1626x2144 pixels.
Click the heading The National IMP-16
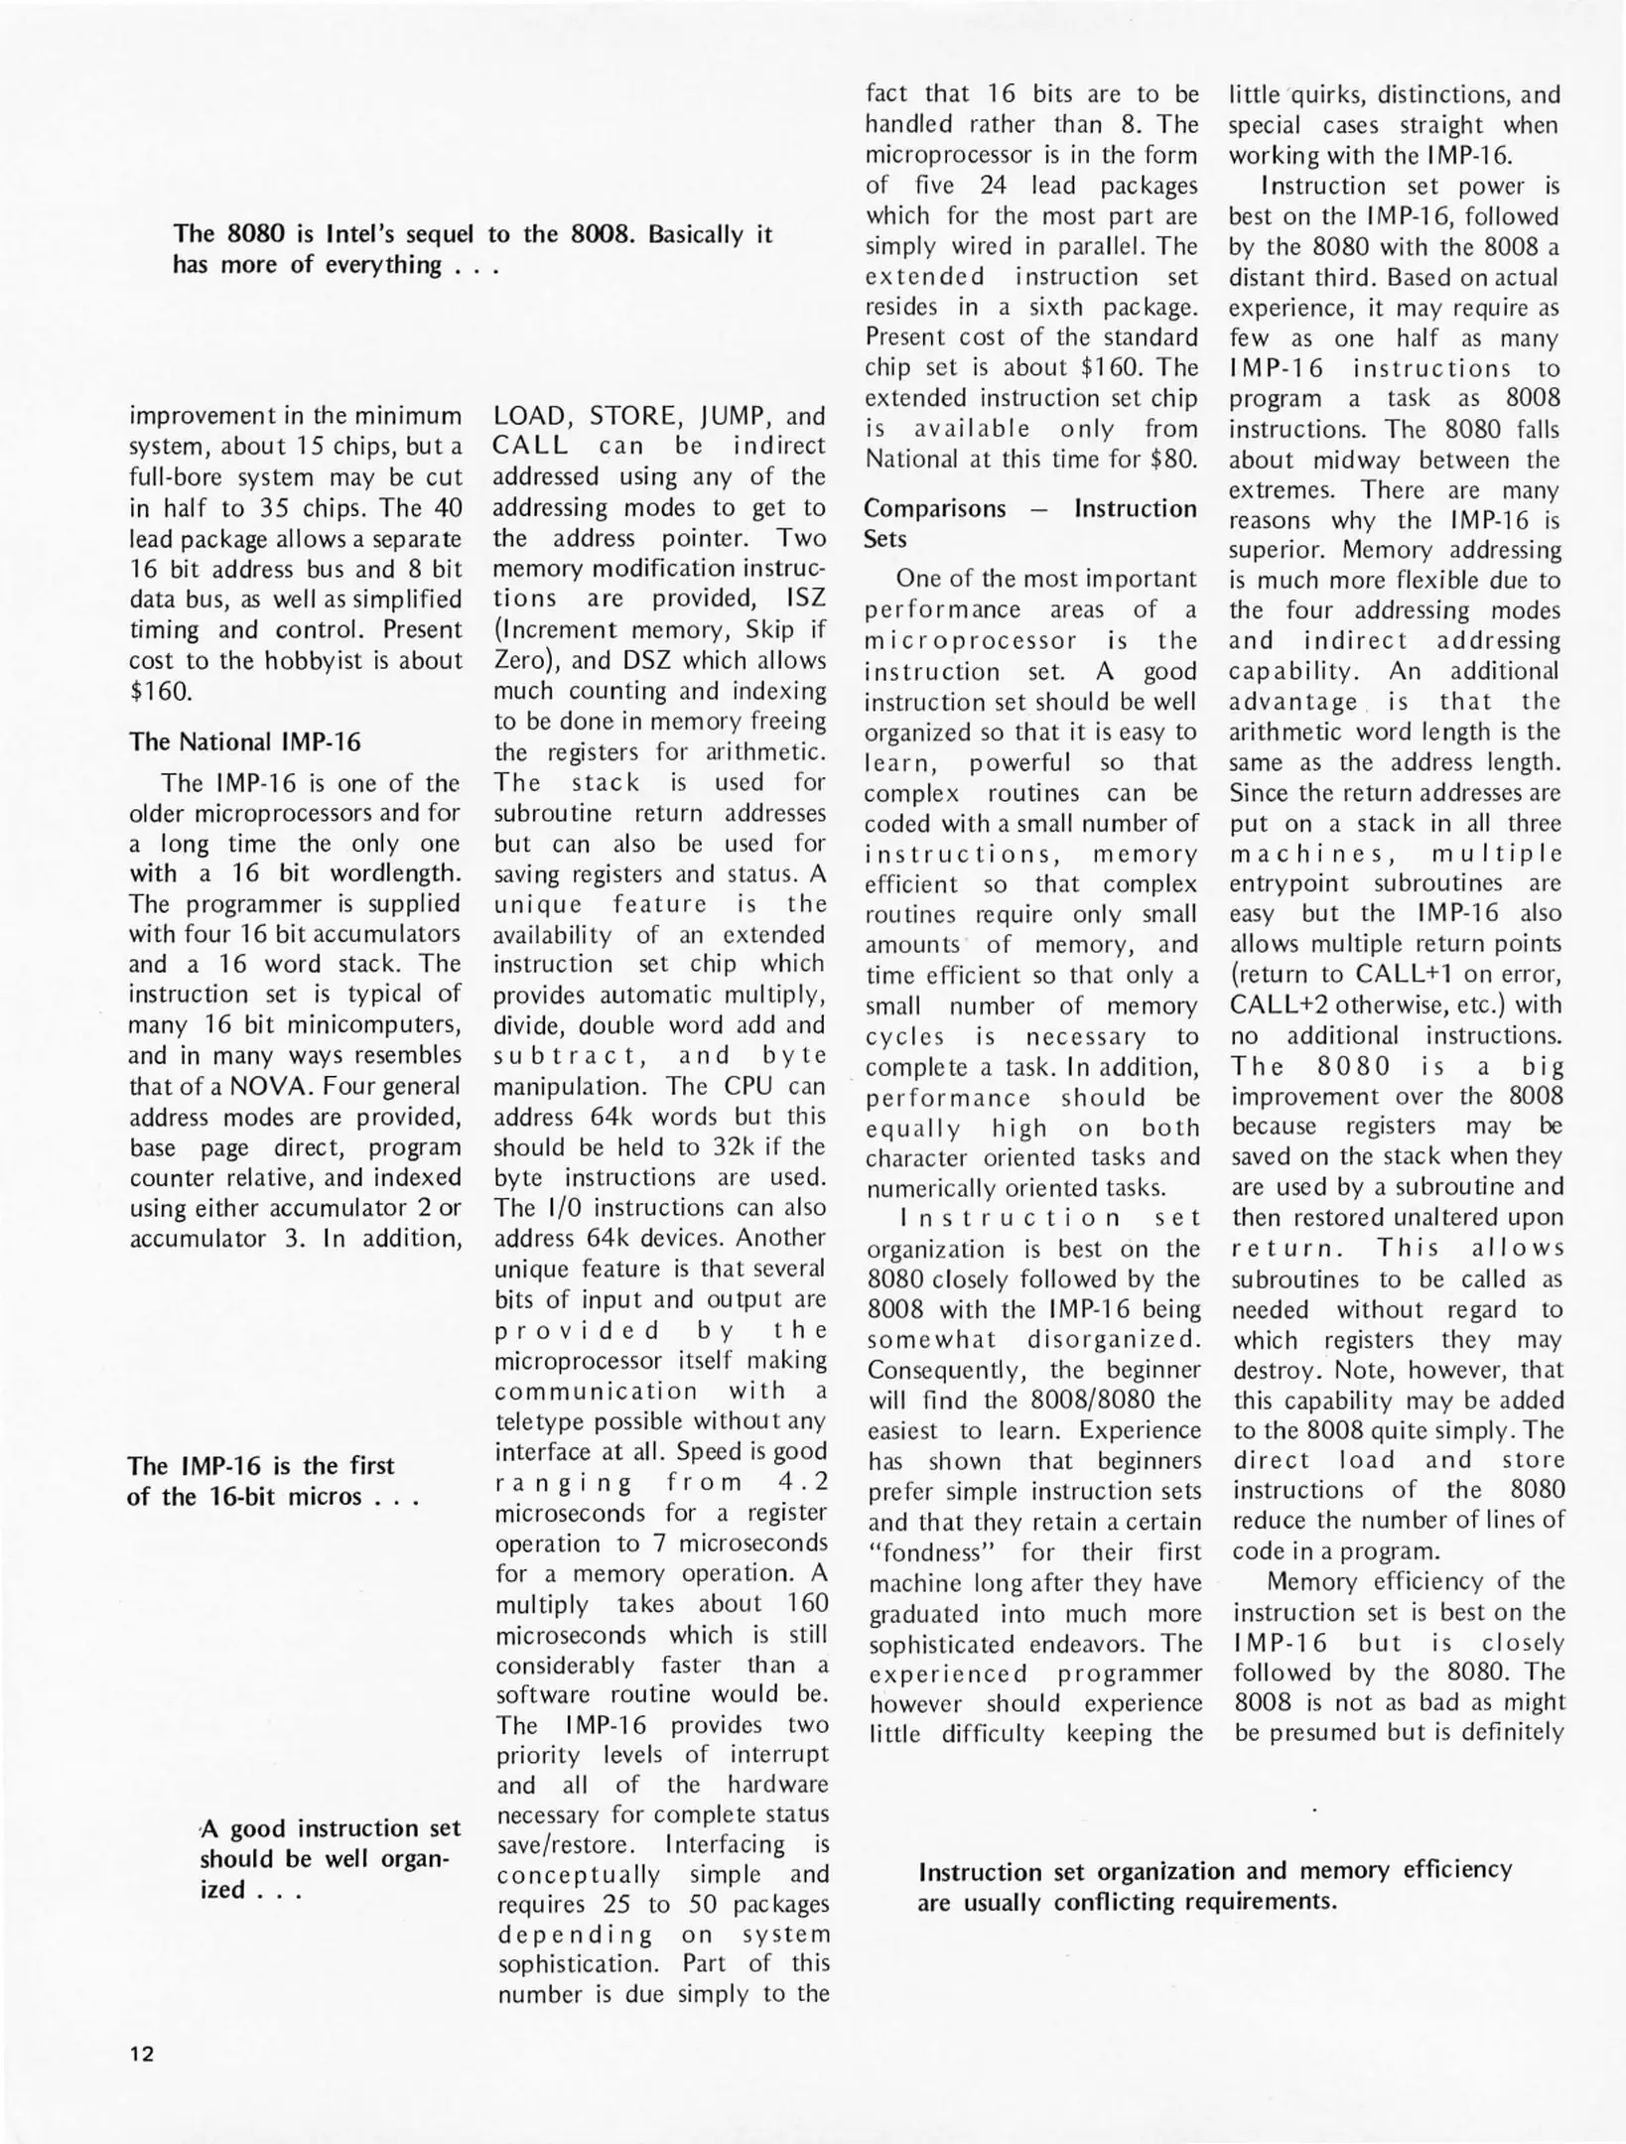[x=245, y=741]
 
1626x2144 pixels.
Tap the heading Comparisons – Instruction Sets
[x=1029, y=523]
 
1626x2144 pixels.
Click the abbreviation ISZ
[x=805, y=599]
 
